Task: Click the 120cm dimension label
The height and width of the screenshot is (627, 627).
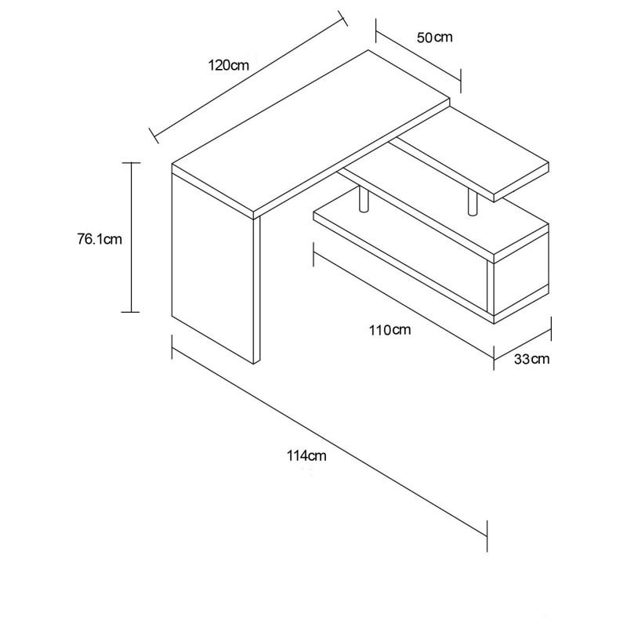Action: pyautogui.click(x=228, y=65)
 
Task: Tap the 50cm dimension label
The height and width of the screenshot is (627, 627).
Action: pyautogui.click(x=435, y=38)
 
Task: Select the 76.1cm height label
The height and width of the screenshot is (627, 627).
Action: pyautogui.click(x=100, y=239)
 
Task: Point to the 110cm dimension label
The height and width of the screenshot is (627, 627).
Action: pyautogui.click(x=390, y=330)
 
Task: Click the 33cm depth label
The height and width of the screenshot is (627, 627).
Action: pyautogui.click(x=531, y=359)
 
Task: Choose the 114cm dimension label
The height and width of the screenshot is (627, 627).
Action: pyautogui.click(x=306, y=455)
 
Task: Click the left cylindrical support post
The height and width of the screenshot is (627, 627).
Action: pyautogui.click(x=364, y=198)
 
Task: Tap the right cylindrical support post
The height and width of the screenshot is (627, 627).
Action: pyautogui.click(x=473, y=202)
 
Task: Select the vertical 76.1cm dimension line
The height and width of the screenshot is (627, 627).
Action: pyautogui.click(x=131, y=237)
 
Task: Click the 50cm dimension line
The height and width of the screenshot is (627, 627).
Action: pyautogui.click(x=419, y=56)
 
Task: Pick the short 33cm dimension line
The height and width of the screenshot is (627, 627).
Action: pyautogui.click(x=523, y=344)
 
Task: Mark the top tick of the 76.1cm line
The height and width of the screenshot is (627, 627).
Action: pyautogui.click(x=131, y=163)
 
